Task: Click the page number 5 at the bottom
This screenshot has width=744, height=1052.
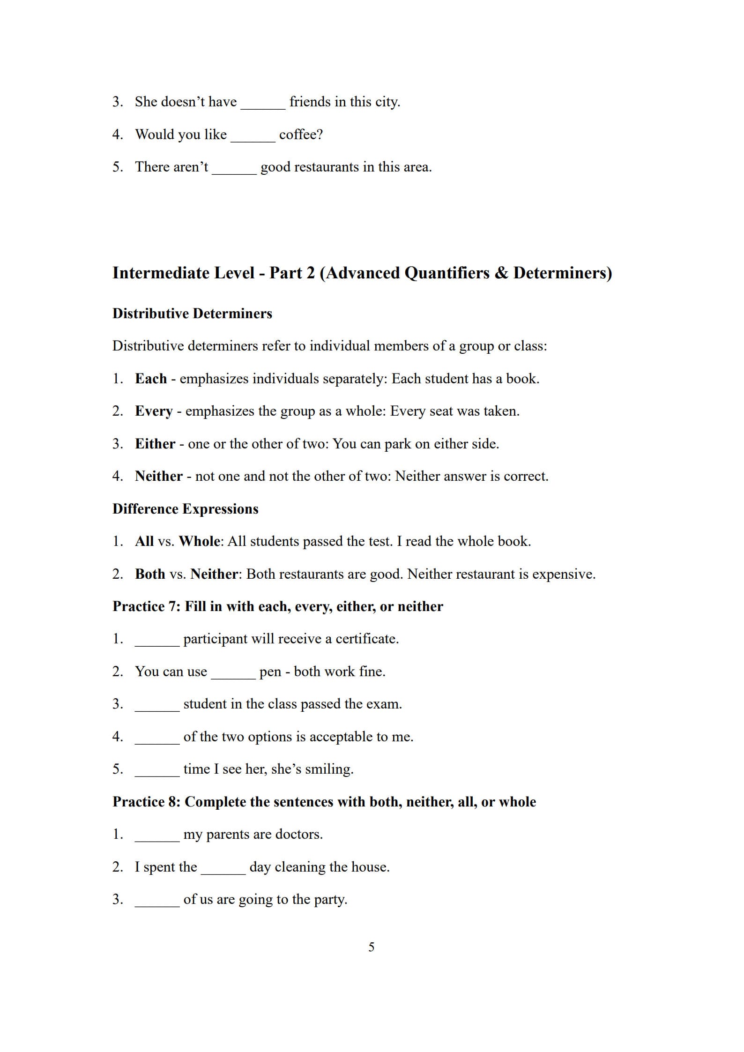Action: tap(371, 947)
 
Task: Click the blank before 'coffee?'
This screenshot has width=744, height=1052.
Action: tap(253, 136)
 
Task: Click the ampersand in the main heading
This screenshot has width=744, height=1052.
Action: tap(501, 273)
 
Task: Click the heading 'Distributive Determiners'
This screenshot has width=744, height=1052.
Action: tap(192, 313)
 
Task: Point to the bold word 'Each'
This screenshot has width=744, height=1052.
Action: tap(151, 379)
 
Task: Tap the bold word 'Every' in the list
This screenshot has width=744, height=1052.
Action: tap(154, 411)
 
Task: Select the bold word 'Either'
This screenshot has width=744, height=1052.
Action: tap(155, 444)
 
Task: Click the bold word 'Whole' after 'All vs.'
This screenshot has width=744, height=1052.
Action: tap(200, 541)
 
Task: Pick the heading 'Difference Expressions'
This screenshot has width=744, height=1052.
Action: tap(185, 509)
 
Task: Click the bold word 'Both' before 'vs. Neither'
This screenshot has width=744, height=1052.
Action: tap(150, 574)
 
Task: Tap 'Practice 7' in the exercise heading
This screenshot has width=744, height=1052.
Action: tap(145, 606)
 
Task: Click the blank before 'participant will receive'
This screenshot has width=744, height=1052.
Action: tap(157, 641)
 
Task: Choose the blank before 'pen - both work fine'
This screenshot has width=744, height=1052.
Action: tap(233, 673)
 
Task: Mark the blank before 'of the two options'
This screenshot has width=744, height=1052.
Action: tap(157, 739)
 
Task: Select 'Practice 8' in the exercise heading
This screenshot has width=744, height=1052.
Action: tap(145, 802)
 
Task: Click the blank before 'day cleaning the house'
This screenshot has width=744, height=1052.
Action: tap(223, 869)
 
